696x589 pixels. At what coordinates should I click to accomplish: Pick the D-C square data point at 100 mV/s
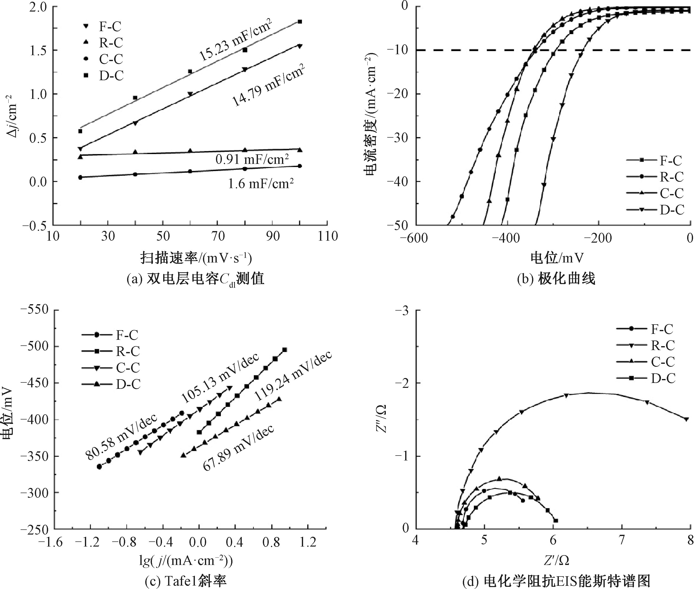point(300,22)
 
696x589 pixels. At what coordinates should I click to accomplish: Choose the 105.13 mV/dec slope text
point(220,378)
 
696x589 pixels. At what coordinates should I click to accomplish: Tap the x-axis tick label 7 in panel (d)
point(622,540)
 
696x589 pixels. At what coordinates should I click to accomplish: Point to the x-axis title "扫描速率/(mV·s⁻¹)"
point(196,258)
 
